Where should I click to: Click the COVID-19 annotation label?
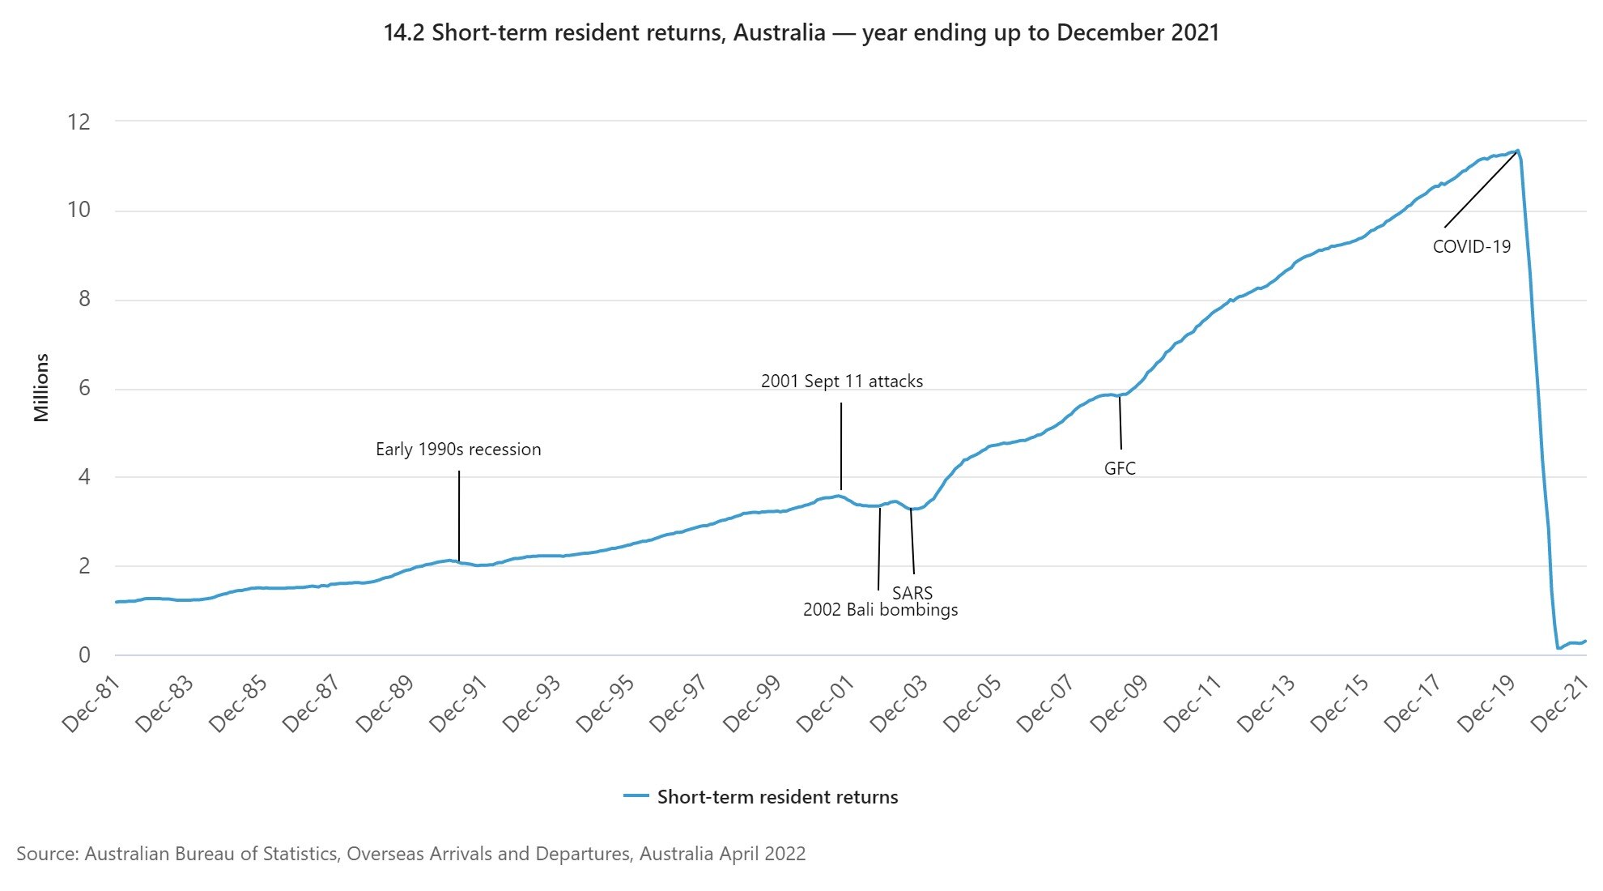[x=1471, y=247]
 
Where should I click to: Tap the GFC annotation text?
[x=1120, y=468]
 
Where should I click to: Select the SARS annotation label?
[x=912, y=593]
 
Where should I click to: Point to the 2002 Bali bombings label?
[x=880, y=610]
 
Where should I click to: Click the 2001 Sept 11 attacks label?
[x=841, y=381]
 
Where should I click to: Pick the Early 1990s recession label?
[x=458, y=450]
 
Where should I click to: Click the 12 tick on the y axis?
[x=79, y=122]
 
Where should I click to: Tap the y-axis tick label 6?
[x=84, y=389]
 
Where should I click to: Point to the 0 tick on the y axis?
[x=84, y=655]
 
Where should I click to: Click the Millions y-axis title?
[x=41, y=387]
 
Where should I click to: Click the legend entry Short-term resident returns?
[x=776, y=797]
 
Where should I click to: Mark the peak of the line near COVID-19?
[x=1517, y=150]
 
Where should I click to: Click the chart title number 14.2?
[x=404, y=33]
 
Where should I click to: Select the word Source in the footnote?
[x=45, y=854]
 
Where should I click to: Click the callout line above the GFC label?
[x=1120, y=422]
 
